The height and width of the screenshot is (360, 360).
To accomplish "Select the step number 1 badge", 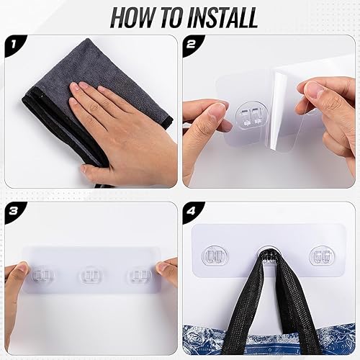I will tap(13, 45).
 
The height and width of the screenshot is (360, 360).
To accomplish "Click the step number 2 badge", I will tap(192, 45).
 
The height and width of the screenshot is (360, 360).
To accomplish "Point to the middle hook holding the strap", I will tap(268, 256).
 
